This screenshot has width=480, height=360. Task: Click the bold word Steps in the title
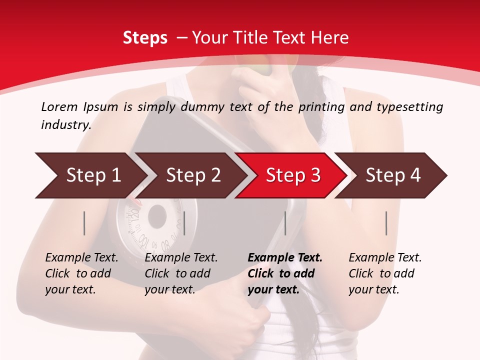point(145,37)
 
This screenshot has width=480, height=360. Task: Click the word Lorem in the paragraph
point(59,106)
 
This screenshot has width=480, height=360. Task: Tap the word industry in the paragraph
point(65,124)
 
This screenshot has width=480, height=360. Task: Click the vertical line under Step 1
point(84,223)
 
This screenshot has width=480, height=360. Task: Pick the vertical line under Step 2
point(184,223)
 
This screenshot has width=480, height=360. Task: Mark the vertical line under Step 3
point(285,223)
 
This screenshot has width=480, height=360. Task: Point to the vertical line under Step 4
point(386,223)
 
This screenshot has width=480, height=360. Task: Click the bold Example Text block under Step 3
point(284,273)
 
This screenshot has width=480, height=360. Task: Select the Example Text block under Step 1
point(81,273)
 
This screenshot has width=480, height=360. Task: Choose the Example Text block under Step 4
point(384,273)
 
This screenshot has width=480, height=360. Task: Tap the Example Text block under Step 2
point(181,273)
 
